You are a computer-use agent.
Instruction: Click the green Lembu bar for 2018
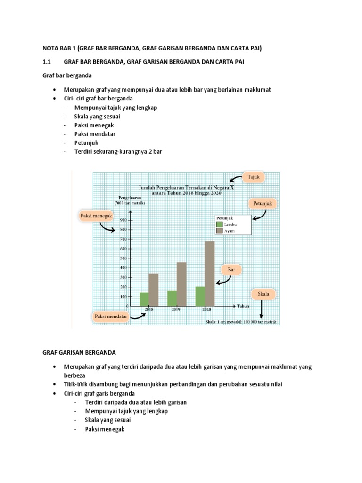144,299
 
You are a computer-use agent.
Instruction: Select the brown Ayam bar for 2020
210,274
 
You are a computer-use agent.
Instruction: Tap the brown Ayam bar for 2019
181,284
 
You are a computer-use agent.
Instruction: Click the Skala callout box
263,294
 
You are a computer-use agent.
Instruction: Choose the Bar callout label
231,270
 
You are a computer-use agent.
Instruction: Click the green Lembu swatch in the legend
220,225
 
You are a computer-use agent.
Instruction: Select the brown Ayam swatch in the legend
220,231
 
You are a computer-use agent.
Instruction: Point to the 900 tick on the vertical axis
123,220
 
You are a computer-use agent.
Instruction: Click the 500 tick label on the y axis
123,258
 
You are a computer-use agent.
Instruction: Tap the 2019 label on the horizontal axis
176,310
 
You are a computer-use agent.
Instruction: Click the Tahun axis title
243,306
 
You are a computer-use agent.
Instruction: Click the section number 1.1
46,62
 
